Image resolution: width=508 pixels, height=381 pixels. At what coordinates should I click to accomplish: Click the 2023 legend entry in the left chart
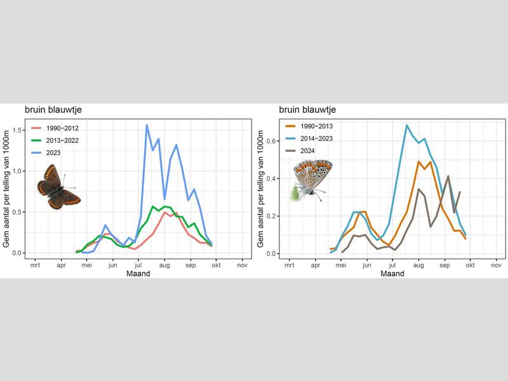click(x=57, y=152)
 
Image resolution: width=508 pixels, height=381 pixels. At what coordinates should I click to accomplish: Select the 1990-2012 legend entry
click(x=62, y=128)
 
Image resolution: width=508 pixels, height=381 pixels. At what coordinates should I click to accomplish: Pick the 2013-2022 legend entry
click(x=62, y=140)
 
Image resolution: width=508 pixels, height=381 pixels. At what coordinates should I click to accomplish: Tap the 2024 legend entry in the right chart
click(x=311, y=150)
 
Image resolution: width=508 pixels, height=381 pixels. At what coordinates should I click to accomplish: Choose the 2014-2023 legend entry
click(x=316, y=138)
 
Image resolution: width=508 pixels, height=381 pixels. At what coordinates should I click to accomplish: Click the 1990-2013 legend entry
click(x=316, y=126)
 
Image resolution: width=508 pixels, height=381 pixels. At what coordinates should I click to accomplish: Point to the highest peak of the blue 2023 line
click(x=147, y=125)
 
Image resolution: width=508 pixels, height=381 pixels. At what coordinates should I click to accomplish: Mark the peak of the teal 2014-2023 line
click(x=406, y=125)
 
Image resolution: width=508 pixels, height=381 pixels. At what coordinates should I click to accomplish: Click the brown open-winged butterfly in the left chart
click(x=57, y=188)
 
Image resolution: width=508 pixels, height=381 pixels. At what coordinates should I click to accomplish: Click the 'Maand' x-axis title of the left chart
click(x=138, y=274)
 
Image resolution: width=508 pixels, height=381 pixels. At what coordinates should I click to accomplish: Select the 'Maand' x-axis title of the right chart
click(x=392, y=274)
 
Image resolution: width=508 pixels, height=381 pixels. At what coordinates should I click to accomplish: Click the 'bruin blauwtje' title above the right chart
click(x=307, y=110)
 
